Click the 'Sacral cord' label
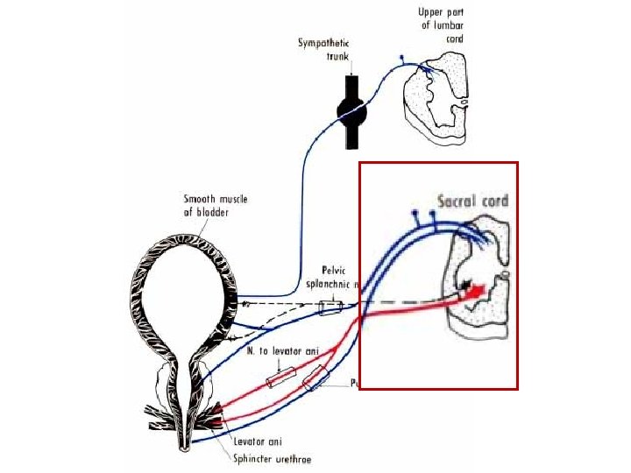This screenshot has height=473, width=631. (471, 200)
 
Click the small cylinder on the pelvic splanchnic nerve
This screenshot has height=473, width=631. (331, 307)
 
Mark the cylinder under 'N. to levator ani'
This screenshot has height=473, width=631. (280, 379)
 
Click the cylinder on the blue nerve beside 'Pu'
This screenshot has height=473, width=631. (316, 379)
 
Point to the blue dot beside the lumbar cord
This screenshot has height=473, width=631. (401, 60)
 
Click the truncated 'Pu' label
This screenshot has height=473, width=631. (356, 384)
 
